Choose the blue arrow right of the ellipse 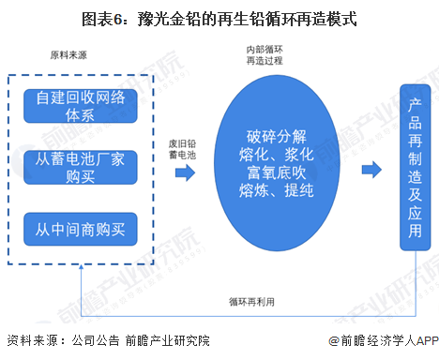click(x=371, y=169)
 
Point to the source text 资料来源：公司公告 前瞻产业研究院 click(x=108, y=341)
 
